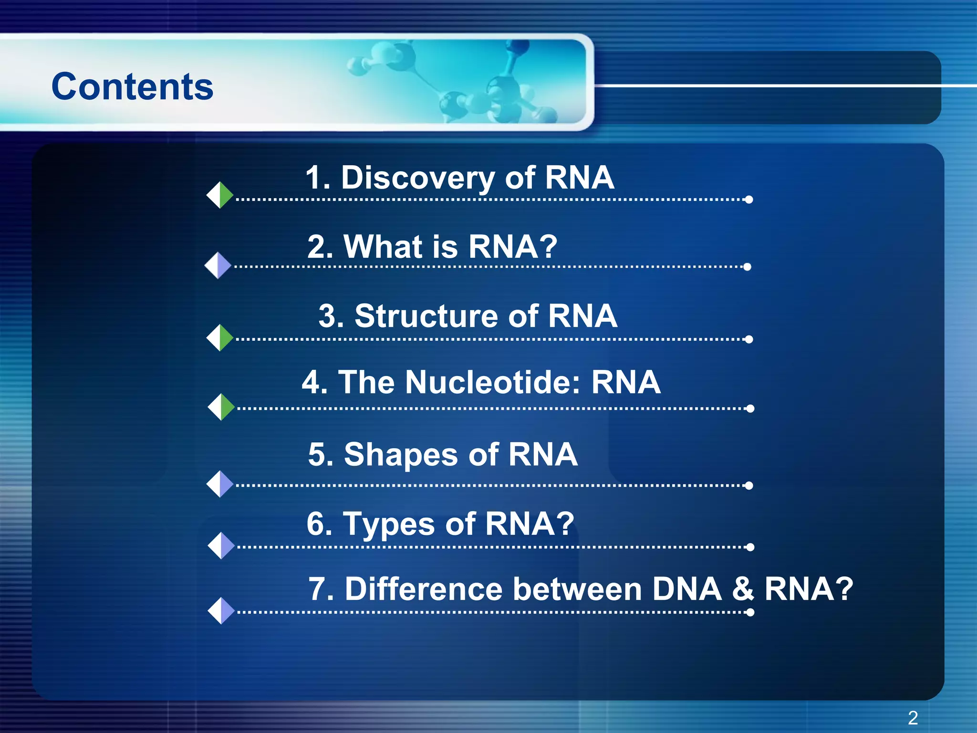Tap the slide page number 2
[913, 718]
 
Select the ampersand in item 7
[743, 589]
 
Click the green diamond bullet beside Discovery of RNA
[220, 195]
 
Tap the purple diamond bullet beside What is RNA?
[218, 265]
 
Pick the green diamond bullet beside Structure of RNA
[220, 337]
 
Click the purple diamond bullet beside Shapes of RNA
[220, 484]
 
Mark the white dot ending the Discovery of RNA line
[749, 199]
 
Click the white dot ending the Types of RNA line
[750, 547]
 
